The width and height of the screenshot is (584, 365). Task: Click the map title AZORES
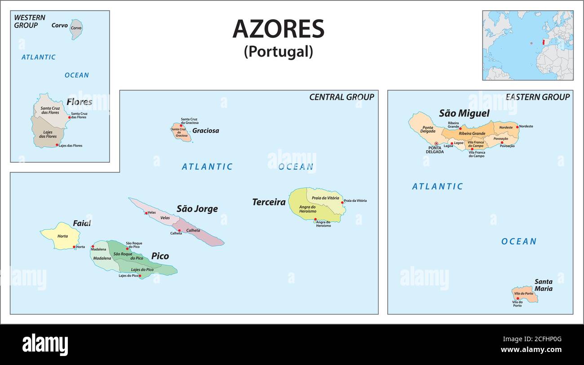(x=278, y=30)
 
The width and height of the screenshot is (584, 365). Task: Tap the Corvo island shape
(x=76, y=29)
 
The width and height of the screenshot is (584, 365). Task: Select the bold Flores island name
(x=80, y=102)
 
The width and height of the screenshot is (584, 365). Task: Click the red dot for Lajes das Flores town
(x=57, y=145)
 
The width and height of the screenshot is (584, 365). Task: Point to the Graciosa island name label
(x=205, y=131)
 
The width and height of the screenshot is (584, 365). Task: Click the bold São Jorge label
(x=197, y=209)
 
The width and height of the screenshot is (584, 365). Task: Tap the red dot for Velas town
(x=146, y=213)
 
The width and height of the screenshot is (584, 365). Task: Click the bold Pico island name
(x=160, y=256)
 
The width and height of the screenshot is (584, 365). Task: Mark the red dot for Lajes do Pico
(x=140, y=276)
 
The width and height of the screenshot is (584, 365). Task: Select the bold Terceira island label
(x=269, y=202)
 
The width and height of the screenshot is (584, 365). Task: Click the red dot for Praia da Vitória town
(x=342, y=203)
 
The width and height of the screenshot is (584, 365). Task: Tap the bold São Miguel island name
(x=464, y=113)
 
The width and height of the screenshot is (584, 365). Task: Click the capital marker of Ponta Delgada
(x=436, y=143)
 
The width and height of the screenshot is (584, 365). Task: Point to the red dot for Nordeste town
(x=517, y=127)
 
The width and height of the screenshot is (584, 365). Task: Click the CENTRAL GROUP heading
(x=341, y=97)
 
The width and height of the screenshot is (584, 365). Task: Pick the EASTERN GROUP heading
(x=537, y=97)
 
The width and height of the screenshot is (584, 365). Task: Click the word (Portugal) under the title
(x=278, y=52)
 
